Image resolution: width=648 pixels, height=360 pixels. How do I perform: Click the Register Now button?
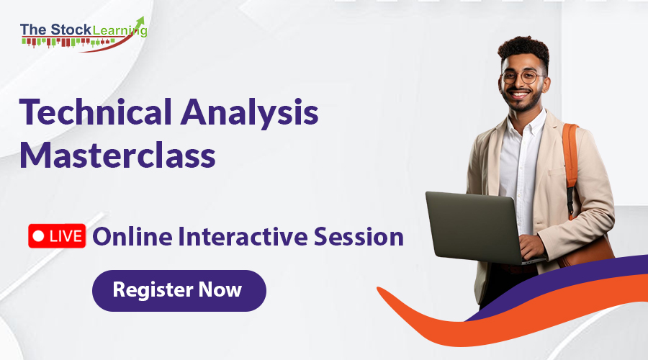179,291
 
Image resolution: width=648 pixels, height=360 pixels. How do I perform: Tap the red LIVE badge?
57,236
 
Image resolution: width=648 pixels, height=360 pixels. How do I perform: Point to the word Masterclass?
117,155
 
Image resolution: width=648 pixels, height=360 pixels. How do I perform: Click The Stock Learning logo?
83,32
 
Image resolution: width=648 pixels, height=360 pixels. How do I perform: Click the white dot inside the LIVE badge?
39,236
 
